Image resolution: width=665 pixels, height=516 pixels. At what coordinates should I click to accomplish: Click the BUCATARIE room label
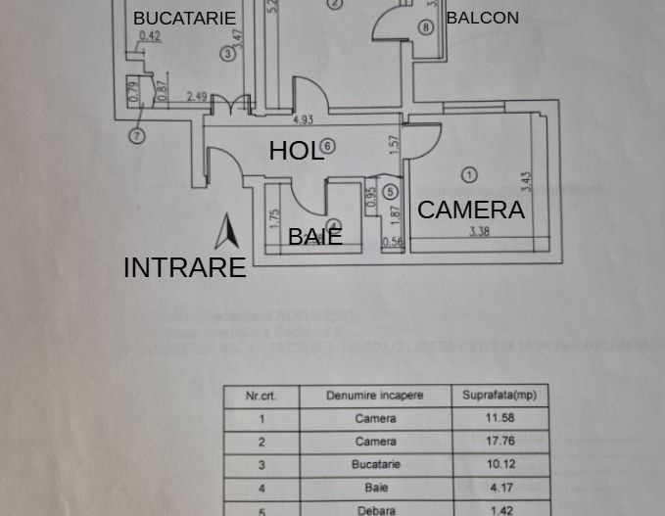click(x=185, y=19)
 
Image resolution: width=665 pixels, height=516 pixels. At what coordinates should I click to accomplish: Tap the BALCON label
click(x=482, y=18)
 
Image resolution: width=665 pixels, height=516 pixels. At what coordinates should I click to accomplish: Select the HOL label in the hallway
click(x=295, y=150)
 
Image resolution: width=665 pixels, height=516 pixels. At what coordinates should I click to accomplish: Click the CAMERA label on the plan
click(x=471, y=210)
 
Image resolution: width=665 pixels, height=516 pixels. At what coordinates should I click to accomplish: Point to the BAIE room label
click(x=314, y=236)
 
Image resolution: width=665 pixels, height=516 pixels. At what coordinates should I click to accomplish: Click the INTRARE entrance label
click(x=184, y=267)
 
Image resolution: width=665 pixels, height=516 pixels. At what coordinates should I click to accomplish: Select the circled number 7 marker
click(x=137, y=136)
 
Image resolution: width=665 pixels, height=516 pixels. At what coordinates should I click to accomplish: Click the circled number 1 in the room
click(x=469, y=174)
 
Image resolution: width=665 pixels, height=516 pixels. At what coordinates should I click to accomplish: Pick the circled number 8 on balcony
click(x=425, y=27)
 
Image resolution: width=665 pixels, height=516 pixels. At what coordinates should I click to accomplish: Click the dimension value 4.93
click(x=304, y=120)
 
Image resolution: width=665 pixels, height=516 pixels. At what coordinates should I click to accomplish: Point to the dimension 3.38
click(x=479, y=232)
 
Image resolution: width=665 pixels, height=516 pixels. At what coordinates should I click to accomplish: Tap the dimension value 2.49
click(x=196, y=96)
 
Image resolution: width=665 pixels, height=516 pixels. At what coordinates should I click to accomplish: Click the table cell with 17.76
click(x=499, y=442)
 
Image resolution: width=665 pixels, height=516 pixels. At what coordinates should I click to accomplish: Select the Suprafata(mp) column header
click(x=499, y=396)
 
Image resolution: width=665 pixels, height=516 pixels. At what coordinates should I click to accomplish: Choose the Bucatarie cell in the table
click(x=376, y=465)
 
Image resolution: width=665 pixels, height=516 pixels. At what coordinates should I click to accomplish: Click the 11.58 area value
click(x=499, y=418)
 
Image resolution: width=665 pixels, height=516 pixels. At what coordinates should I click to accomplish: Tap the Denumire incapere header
click(x=376, y=396)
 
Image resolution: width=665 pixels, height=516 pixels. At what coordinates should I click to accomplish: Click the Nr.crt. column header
click(x=261, y=396)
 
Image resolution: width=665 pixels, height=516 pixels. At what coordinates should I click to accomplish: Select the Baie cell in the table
click(x=376, y=488)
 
